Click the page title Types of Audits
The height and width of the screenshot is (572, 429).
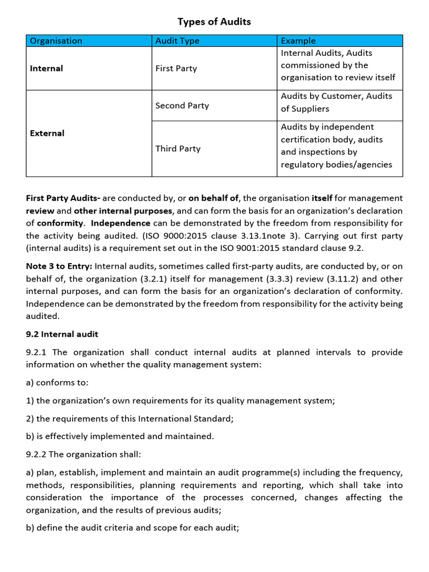(214, 22)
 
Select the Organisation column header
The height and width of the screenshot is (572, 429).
(56, 41)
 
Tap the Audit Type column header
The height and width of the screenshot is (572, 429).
(177, 41)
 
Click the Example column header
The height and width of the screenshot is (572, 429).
(298, 41)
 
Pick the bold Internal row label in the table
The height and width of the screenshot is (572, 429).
(46, 68)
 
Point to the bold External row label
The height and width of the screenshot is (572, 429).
(47, 133)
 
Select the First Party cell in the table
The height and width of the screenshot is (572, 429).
(176, 68)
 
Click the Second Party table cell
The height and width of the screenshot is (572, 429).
(182, 106)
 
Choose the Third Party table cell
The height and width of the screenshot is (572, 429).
(178, 149)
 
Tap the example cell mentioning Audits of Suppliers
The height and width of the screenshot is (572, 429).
(336, 102)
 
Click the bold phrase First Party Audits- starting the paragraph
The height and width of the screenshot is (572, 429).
(63, 198)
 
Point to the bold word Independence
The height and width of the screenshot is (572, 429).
(121, 223)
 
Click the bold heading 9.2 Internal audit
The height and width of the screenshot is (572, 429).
(62, 334)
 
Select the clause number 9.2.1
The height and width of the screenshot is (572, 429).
(38, 352)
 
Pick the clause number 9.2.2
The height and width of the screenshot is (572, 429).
(38, 454)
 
